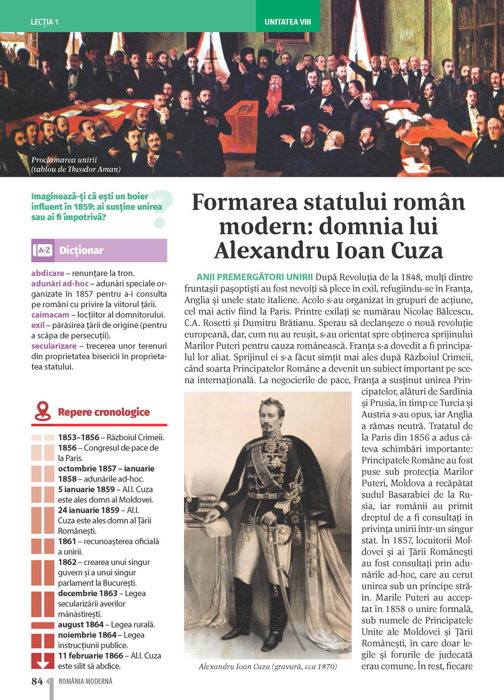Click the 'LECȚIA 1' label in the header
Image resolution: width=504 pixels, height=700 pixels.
[x=44, y=22]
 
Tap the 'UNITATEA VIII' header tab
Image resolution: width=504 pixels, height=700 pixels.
[x=288, y=22]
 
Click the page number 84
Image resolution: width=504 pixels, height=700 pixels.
[x=37, y=681]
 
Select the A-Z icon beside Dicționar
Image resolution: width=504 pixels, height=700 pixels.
[x=43, y=250]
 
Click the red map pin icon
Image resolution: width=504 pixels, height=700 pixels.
[x=43, y=411]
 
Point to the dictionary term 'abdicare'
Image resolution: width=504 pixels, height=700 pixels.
[x=48, y=273]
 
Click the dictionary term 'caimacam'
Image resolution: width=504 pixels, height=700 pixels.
[x=50, y=315]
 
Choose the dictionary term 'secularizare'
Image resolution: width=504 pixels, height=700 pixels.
[x=54, y=346]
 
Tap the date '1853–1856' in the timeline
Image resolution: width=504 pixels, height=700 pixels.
[x=79, y=438]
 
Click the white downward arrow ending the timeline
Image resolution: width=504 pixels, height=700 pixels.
[x=43, y=661]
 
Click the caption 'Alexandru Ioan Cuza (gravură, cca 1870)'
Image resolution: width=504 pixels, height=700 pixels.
[x=268, y=666]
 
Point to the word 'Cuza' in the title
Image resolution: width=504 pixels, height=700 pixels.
[x=413, y=250]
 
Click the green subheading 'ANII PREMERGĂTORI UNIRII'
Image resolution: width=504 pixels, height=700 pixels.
[x=255, y=277]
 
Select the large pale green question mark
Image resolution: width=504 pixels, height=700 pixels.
[x=160, y=208]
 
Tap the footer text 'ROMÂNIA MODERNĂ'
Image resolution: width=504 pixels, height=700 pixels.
[x=85, y=681]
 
